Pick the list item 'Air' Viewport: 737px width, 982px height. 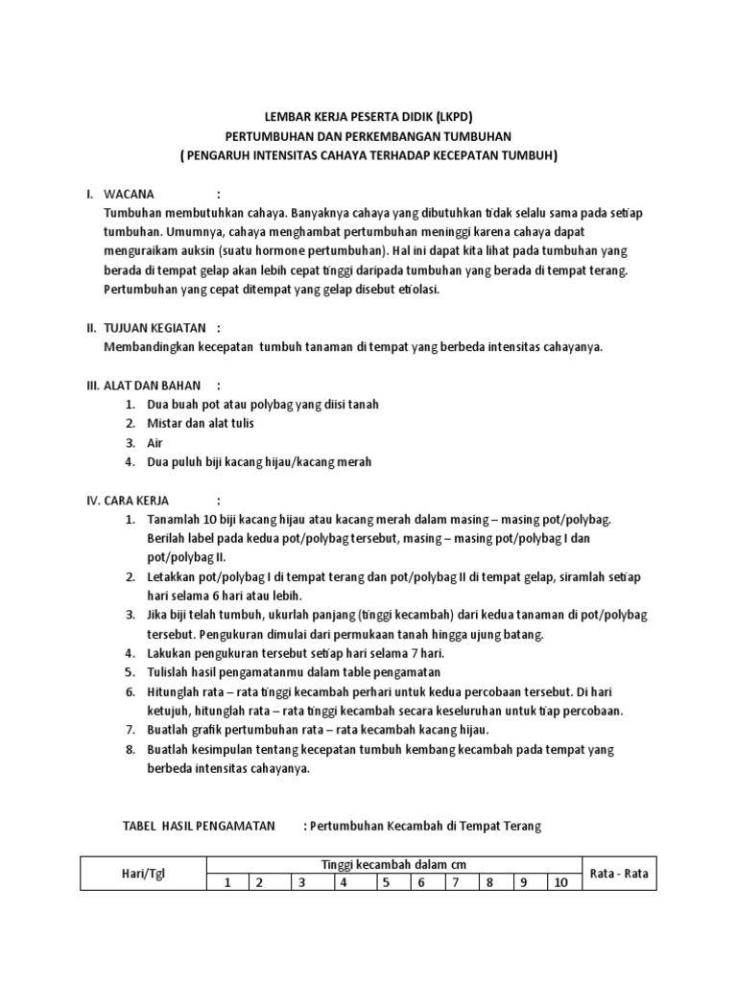[155, 442]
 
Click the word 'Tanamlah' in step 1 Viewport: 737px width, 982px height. [174, 519]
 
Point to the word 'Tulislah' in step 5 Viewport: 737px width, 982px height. [170, 672]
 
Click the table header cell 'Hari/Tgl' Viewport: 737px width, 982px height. [144, 875]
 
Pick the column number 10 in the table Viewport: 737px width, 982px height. [559, 882]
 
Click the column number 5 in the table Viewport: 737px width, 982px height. [384, 882]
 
